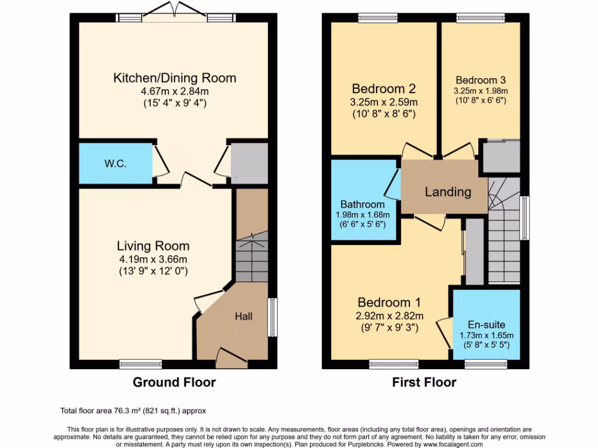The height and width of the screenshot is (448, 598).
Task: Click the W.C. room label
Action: pyautogui.click(x=116, y=164)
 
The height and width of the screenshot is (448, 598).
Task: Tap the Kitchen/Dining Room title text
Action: pyautogui.click(x=175, y=78)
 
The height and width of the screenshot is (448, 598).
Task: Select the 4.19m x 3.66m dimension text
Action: pyautogui.click(x=153, y=259)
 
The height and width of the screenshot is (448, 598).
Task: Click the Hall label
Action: pyautogui.click(x=244, y=316)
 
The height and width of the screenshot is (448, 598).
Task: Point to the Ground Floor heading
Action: pyautogui.click(x=174, y=383)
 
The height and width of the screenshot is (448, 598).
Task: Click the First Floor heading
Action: pyautogui.click(x=424, y=383)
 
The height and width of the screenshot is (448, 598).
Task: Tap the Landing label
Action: pyautogui.click(x=448, y=192)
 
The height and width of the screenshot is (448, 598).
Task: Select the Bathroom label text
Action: pyautogui.click(x=363, y=204)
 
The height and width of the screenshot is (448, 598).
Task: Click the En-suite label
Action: pyautogui.click(x=486, y=324)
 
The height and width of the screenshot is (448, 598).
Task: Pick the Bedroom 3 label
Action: pyautogui.click(x=481, y=80)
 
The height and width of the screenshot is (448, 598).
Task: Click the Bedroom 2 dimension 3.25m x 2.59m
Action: pyautogui.click(x=384, y=102)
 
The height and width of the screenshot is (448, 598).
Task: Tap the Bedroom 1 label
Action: pyautogui.click(x=389, y=303)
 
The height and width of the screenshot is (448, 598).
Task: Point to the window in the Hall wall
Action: pyautogui.click(x=272, y=317)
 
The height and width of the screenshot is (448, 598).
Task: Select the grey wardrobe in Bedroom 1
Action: pyautogui.click(x=474, y=252)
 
